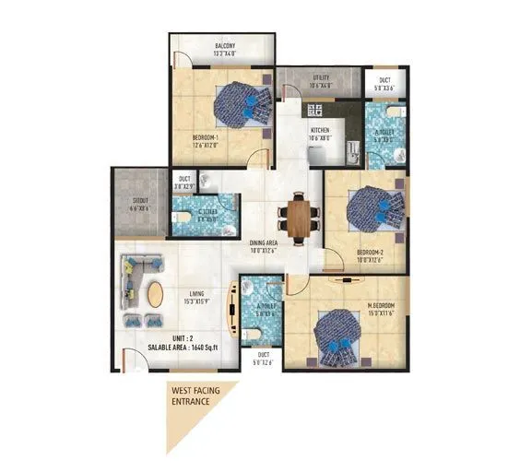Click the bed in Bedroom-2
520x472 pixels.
click(x=368, y=210)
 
